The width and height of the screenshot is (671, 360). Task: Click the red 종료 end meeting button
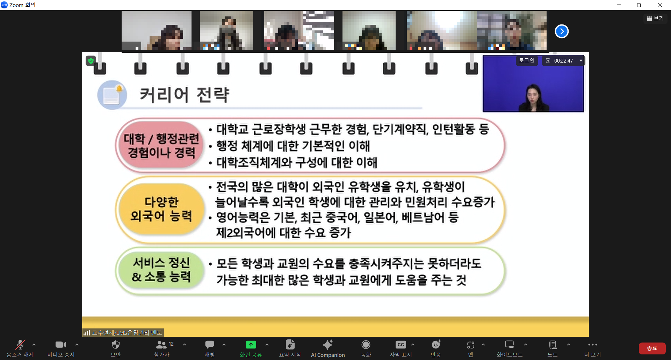coord(652,348)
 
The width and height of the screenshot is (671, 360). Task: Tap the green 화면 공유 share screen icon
coord(251,345)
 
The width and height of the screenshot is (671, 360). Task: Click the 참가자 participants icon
coord(161,345)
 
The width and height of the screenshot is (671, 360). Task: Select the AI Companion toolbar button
coord(328,348)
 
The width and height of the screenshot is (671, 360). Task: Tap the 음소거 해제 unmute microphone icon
coord(20,345)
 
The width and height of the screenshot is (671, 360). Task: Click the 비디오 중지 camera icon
coord(60,345)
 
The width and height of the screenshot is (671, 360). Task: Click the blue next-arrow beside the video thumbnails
coord(562,31)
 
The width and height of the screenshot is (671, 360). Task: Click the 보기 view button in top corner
coord(655,19)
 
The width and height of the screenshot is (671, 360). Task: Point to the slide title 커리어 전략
coord(185,95)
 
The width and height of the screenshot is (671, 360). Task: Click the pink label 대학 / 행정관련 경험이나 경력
coord(161,145)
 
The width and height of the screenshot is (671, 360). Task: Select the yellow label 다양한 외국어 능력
coord(161,209)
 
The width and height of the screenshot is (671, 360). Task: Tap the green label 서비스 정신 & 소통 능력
coord(161,269)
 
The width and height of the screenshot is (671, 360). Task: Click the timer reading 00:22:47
coord(563,61)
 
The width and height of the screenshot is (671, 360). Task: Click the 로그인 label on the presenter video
coord(527,60)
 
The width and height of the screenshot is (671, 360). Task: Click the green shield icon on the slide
coord(91,61)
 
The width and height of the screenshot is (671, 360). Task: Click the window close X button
coord(660,5)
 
